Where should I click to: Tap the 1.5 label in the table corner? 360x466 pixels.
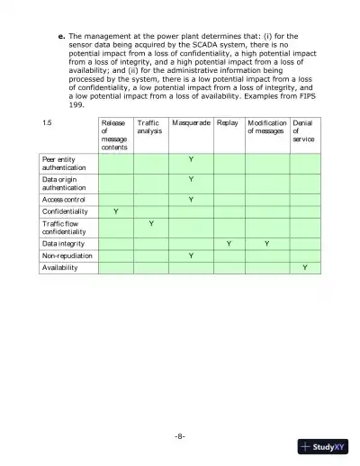tap(48, 121)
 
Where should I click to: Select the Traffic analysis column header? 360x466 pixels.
tap(148, 127)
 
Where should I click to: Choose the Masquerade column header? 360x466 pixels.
tap(191, 121)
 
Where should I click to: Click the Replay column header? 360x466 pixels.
tap(229, 121)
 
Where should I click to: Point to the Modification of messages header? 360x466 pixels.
tap(266, 127)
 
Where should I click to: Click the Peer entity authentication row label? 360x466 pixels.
tap(64, 163)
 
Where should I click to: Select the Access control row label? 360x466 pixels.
tap(64, 199)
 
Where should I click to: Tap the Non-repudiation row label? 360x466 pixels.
tap(65, 255)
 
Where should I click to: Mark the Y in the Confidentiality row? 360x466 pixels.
tap(114, 211)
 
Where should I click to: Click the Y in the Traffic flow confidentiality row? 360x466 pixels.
tap(150, 222)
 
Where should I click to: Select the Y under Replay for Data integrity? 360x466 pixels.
tap(229, 244)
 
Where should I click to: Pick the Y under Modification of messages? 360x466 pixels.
tap(266, 244)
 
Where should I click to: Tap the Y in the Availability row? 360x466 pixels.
tap(304, 267)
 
